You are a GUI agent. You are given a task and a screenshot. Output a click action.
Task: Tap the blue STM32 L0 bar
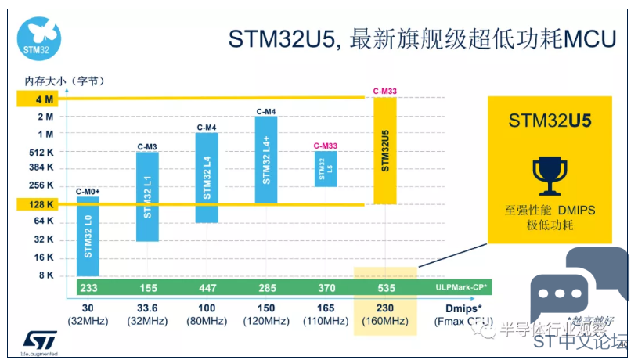pyautogui.click(x=88, y=236)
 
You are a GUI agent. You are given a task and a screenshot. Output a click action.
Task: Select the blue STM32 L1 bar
pyautogui.click(x=147, y=196)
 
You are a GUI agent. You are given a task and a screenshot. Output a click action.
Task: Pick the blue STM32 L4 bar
pyautogui.click(x=207, y=178)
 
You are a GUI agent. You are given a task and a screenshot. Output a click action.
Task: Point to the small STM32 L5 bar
pyautogui.click(x=326, y=169)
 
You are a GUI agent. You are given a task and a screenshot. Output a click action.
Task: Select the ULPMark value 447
pyautogui.click(x=207, y=287)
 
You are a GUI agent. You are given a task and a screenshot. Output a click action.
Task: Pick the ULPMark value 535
pyautogui.click(x=385, y=287)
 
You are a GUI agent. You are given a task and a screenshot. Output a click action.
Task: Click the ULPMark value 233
pyautogui.click(x=88, y=287)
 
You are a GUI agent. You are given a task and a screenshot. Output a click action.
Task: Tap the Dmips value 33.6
pyautogui.click(x=148, y=308)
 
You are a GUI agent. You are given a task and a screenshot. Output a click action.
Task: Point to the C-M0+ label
pyautogui.click(x=88, y=192)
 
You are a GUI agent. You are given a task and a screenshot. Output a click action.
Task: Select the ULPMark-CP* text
pyautogui.click(x=461, y=287)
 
